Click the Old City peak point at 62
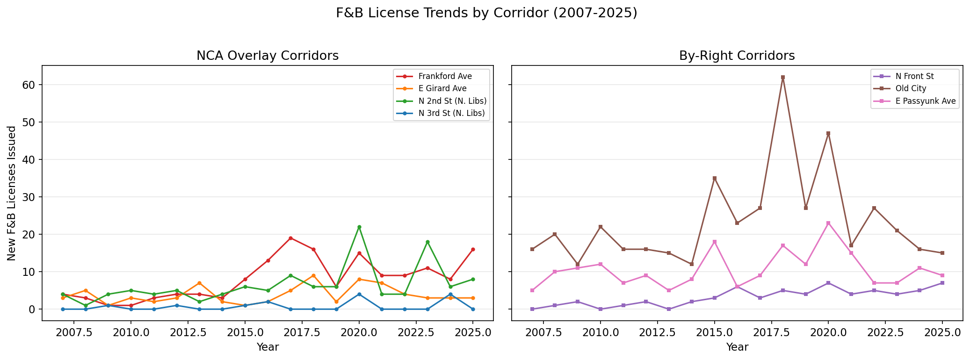pos(783,77)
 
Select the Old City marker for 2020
pos(828,133)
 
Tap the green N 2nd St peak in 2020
pos(359,227)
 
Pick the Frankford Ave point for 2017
pos(290,238)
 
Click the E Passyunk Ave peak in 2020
pos(828,223)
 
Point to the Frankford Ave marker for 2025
pos(473,249)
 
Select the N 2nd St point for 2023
pos(427,242)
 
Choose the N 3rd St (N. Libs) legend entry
pos(451,113)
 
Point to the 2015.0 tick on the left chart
pos(245,332)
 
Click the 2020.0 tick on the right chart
pos(828,332)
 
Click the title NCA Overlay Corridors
pos(268,56)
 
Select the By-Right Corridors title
pos(737,56)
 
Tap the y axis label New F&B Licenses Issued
pos(12,193)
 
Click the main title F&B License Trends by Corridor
pos(486,13)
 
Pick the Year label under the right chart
pos(737,347)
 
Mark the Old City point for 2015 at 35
pos(715,178)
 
